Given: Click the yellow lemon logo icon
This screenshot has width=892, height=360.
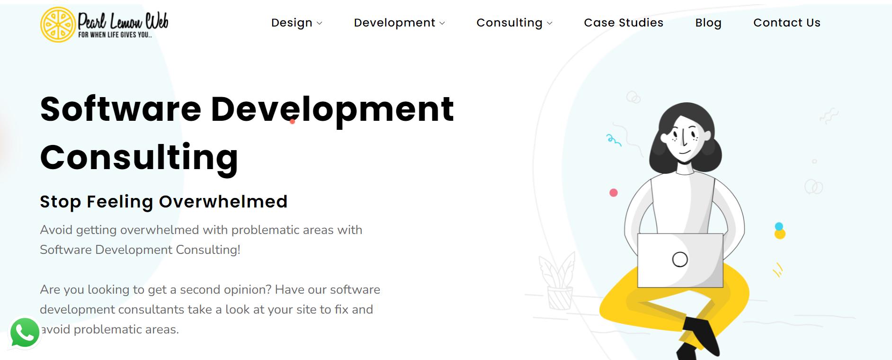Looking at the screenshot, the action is pyautogui.click(x=58, y=25).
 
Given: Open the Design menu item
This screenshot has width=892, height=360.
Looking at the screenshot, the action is pyautogui.click(x=292, y=23).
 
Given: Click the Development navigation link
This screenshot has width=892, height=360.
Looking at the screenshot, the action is pyautogui.click(x=394, y=23).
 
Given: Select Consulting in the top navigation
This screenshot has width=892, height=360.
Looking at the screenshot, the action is pyautogui.click(x=509, y=23).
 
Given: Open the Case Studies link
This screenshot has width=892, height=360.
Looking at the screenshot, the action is pyautogui.click(x=624, y=23).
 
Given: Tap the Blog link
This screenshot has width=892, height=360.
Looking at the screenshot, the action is pyautogui.click(x=708, y=23).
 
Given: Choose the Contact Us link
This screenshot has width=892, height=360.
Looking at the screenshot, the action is pyautogui.click(x=787, y=23).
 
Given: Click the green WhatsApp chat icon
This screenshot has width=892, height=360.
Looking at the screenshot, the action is pyautogui.click(x=25, y=333).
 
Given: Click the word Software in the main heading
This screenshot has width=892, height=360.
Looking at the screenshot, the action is pyautogui.click(x=121, y=109).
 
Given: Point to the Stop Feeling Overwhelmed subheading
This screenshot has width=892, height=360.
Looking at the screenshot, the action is pyautogui.click(x=164, y=201).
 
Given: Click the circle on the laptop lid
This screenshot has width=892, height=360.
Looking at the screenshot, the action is pyautogui.click(x=680, y=259).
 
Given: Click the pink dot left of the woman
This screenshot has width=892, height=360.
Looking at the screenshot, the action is pyautogui.click(x=614, y=193).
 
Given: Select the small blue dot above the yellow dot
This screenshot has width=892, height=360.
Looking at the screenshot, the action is pyautogui.click(x=779, y=226).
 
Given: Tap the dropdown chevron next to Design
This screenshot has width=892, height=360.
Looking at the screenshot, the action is pyautogui.click(x=320, y=23).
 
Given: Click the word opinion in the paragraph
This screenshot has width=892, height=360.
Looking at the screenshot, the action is pyautogui.click(x=245, y=290).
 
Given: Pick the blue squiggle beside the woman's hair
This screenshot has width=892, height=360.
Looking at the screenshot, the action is pyautogui.click(x=613, y=140).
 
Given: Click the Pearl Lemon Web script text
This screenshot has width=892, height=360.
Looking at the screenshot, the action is pyautogui.click(x=123, y=21).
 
